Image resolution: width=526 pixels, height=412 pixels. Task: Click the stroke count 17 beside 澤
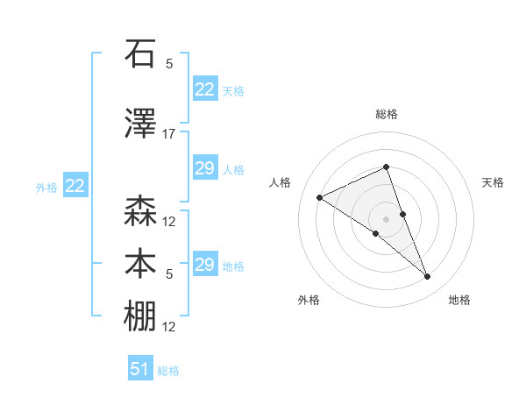point(169,133)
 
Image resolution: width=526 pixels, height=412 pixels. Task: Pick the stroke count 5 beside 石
point(169,63)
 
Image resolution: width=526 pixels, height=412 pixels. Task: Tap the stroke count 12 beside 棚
point(169,327)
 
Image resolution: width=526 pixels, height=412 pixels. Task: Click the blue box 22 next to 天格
point(204,89)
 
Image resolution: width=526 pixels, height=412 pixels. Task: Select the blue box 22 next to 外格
point(75,186)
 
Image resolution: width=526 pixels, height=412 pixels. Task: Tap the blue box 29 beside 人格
point(204,168)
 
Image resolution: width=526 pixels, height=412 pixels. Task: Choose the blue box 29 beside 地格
point(204,265)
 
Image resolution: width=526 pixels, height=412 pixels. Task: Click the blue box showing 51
point(140,369)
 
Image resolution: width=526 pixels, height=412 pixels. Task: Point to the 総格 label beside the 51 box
point(168,371)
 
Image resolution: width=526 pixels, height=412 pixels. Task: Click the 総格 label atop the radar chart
point(386,114)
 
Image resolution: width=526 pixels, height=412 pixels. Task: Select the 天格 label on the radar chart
point(493,182)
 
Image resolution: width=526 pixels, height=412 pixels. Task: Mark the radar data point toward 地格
point(428,277)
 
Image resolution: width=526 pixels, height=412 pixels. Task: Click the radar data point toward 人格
point(320,197)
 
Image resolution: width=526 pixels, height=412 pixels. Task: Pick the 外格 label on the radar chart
point(309,300)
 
